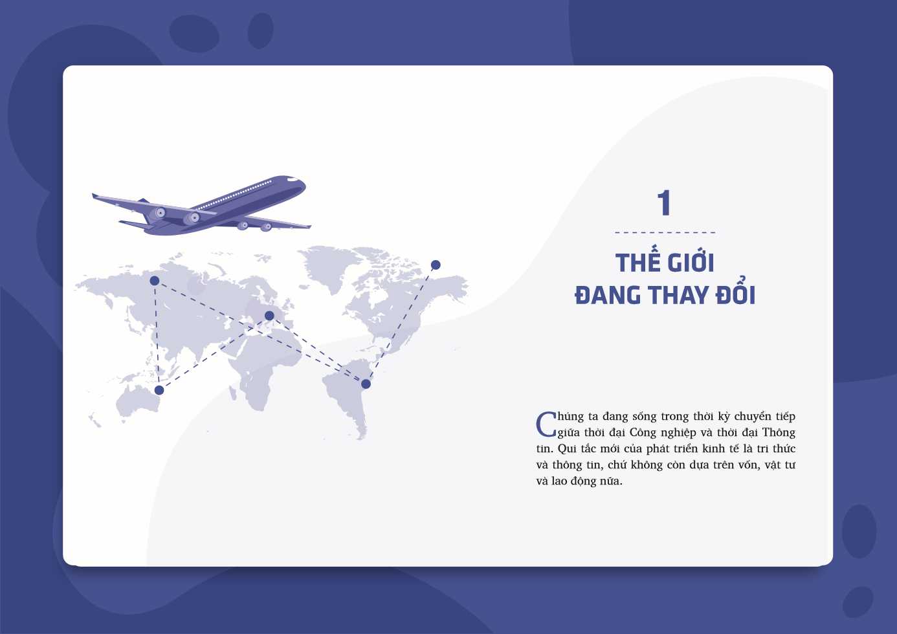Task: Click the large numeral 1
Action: pyautogui.click(x=664, y=203)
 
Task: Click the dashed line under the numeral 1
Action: pyautogui.click(x=665, y=232)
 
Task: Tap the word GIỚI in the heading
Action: pyautogui.click(x=691, y=262)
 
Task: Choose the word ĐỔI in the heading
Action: pyautogui.click(x=736, y=294)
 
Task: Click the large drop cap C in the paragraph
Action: pyautogui.click(x=546, y=424)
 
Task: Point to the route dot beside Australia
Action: pyautogui.click(x=159, y=390)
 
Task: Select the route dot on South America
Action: pyautogui.click(x=366, y=384)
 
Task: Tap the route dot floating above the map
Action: pyautogui.click(x=436, y=265)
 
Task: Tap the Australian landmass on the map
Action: pyautogui.click(x=137, y=401)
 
